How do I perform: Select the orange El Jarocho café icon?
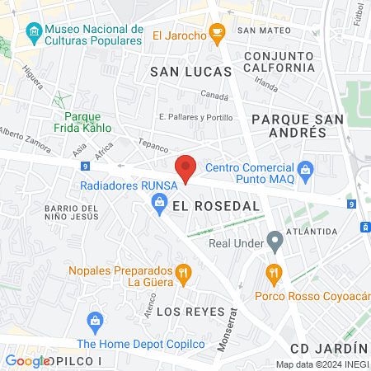click(218, 34)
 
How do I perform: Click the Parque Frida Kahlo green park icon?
click(59, 99)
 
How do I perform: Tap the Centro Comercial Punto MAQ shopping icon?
click(307, 171)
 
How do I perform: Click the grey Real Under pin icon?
click(275, 242)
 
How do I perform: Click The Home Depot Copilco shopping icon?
click(94, 320)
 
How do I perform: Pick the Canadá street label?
click(214, 96)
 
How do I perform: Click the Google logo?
click(27, 360)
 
